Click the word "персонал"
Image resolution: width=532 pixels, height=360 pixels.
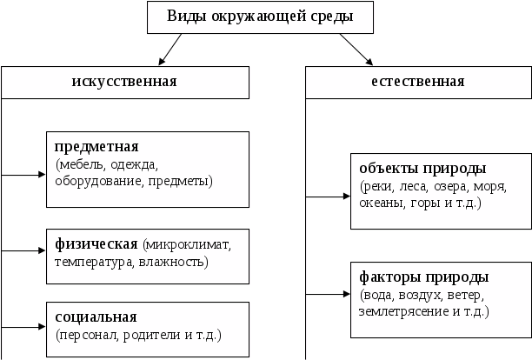85,334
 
